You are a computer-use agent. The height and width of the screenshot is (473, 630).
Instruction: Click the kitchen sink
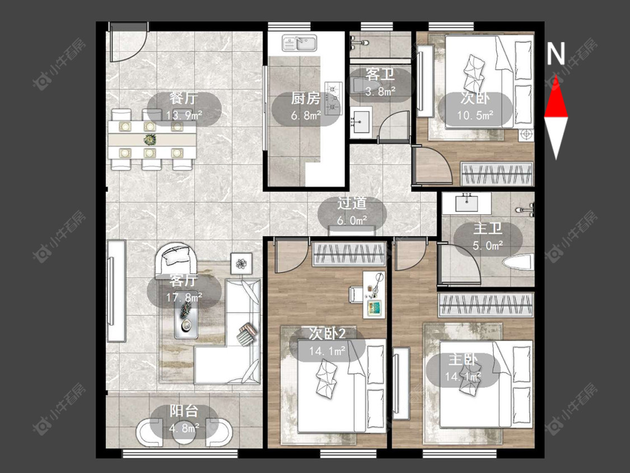tap(300, 43)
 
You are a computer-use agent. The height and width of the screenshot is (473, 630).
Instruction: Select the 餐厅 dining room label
tap(184, 98)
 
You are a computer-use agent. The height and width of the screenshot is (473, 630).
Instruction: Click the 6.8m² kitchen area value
tap(306, 116)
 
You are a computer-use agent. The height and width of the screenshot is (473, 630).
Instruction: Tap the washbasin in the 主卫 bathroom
tap(466, 203)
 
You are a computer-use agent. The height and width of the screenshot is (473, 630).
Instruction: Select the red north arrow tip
tap(556, 76)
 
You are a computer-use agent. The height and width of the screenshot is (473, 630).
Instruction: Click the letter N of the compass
tap(556, 54)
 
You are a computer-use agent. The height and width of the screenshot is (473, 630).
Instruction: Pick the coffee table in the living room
tap(186, 320)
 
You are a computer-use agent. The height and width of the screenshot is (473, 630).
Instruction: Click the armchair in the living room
tap(176, 259)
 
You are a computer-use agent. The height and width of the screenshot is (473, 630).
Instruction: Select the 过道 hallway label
tap(352, 203)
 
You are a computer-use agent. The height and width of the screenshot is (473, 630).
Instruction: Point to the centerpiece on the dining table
tap(150, 140)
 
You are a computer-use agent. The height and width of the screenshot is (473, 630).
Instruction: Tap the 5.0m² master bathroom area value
tap(488, 245)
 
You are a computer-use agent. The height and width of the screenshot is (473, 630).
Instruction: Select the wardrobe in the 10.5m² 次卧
tap(497, 174)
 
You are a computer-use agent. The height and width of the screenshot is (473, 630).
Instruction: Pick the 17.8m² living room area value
tap(184, 298)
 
